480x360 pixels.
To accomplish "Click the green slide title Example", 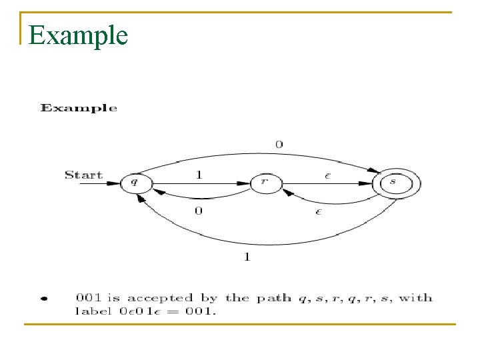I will (78, 35).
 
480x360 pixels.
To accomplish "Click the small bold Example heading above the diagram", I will (79, 108).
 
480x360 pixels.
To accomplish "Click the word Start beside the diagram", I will (83, 175).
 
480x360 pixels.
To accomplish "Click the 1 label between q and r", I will (198, 174).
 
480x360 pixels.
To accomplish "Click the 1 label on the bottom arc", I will (247, 257).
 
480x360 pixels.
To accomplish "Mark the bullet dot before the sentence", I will (44, 299).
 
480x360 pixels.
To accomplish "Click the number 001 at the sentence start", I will (88, 298).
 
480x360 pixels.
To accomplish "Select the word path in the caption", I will (271, 298).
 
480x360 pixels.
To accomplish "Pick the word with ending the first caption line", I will (415, 298).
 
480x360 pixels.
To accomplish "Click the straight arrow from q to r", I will (200, 181).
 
